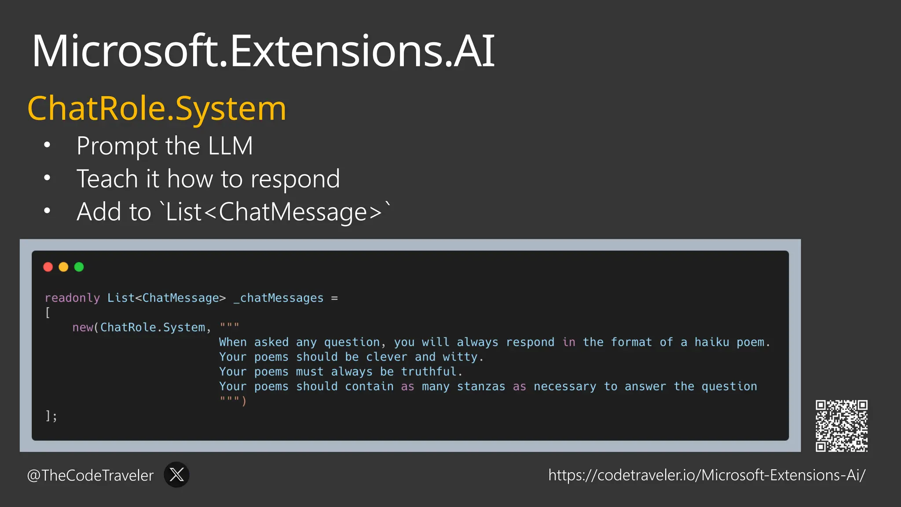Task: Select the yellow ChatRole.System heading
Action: pos(157,108)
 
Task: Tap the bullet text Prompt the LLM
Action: pos(165,146)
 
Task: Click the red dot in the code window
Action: pos(48,267)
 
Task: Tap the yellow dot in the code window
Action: pos(63,267)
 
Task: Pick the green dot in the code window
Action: pos(79,267)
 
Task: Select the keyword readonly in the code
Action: pos(72,298)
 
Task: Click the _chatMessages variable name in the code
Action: pos(278,298)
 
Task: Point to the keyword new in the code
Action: pos(82,327)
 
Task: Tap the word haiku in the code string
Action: pos(711,342)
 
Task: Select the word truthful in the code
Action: pos(429,372)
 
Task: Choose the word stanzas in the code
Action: pos(481,386)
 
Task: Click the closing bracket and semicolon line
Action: pos(51,416)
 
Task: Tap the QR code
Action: pos(841,426)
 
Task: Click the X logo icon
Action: pos(176,474)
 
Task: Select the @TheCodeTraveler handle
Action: pos(91,475)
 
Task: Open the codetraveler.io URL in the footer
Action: pos(707,475)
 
